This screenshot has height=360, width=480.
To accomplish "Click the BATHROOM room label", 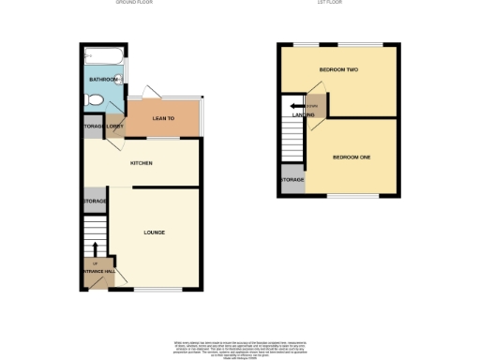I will pos(102,80).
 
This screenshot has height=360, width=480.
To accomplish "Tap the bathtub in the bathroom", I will pos(103,58).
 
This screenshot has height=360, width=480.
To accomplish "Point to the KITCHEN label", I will pos(142,163).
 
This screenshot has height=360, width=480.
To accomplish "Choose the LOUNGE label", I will pos(155,232).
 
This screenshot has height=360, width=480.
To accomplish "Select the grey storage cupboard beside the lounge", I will pos(95,201).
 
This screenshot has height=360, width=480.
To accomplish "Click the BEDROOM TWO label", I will pos(338,70).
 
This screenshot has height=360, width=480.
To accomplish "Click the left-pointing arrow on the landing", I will pos(296,106).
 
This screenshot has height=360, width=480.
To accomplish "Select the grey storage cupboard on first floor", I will pos(292,179).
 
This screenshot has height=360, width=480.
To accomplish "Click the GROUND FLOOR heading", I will pos(134,4).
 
